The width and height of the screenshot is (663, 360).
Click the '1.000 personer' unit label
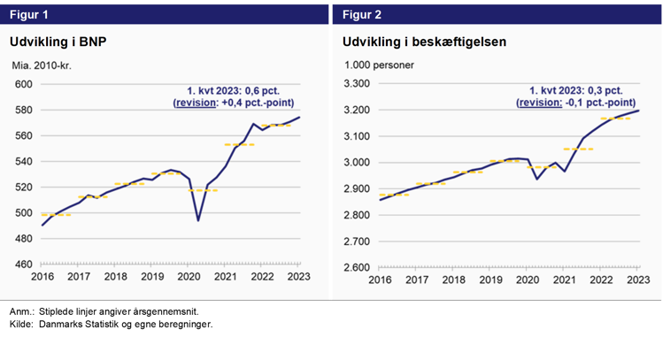click(378, 65)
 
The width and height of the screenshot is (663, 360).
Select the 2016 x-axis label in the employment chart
click(380, 280)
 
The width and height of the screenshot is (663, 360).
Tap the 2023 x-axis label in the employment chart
click(636, 280)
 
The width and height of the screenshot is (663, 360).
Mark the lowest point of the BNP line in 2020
click(197, 220)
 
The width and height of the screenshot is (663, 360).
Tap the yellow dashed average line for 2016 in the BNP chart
click(56, 215)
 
